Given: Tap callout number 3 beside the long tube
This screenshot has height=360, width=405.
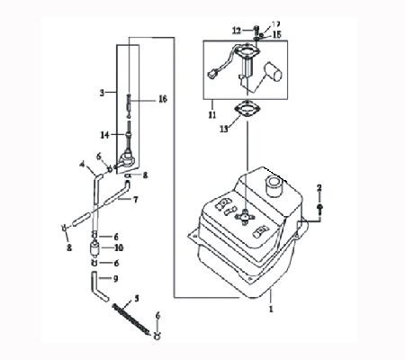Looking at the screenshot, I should (x=102, y=92).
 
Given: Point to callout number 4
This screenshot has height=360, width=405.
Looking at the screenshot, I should (x=83, y=164).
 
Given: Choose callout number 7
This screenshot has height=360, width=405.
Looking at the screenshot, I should (x=135, y=198).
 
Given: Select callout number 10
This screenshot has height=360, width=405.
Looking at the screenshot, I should (x=117, y=247).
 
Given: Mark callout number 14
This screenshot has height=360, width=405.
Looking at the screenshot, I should (x=104, y=134).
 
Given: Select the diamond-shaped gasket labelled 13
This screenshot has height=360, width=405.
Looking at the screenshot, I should (x=243, y=112).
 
